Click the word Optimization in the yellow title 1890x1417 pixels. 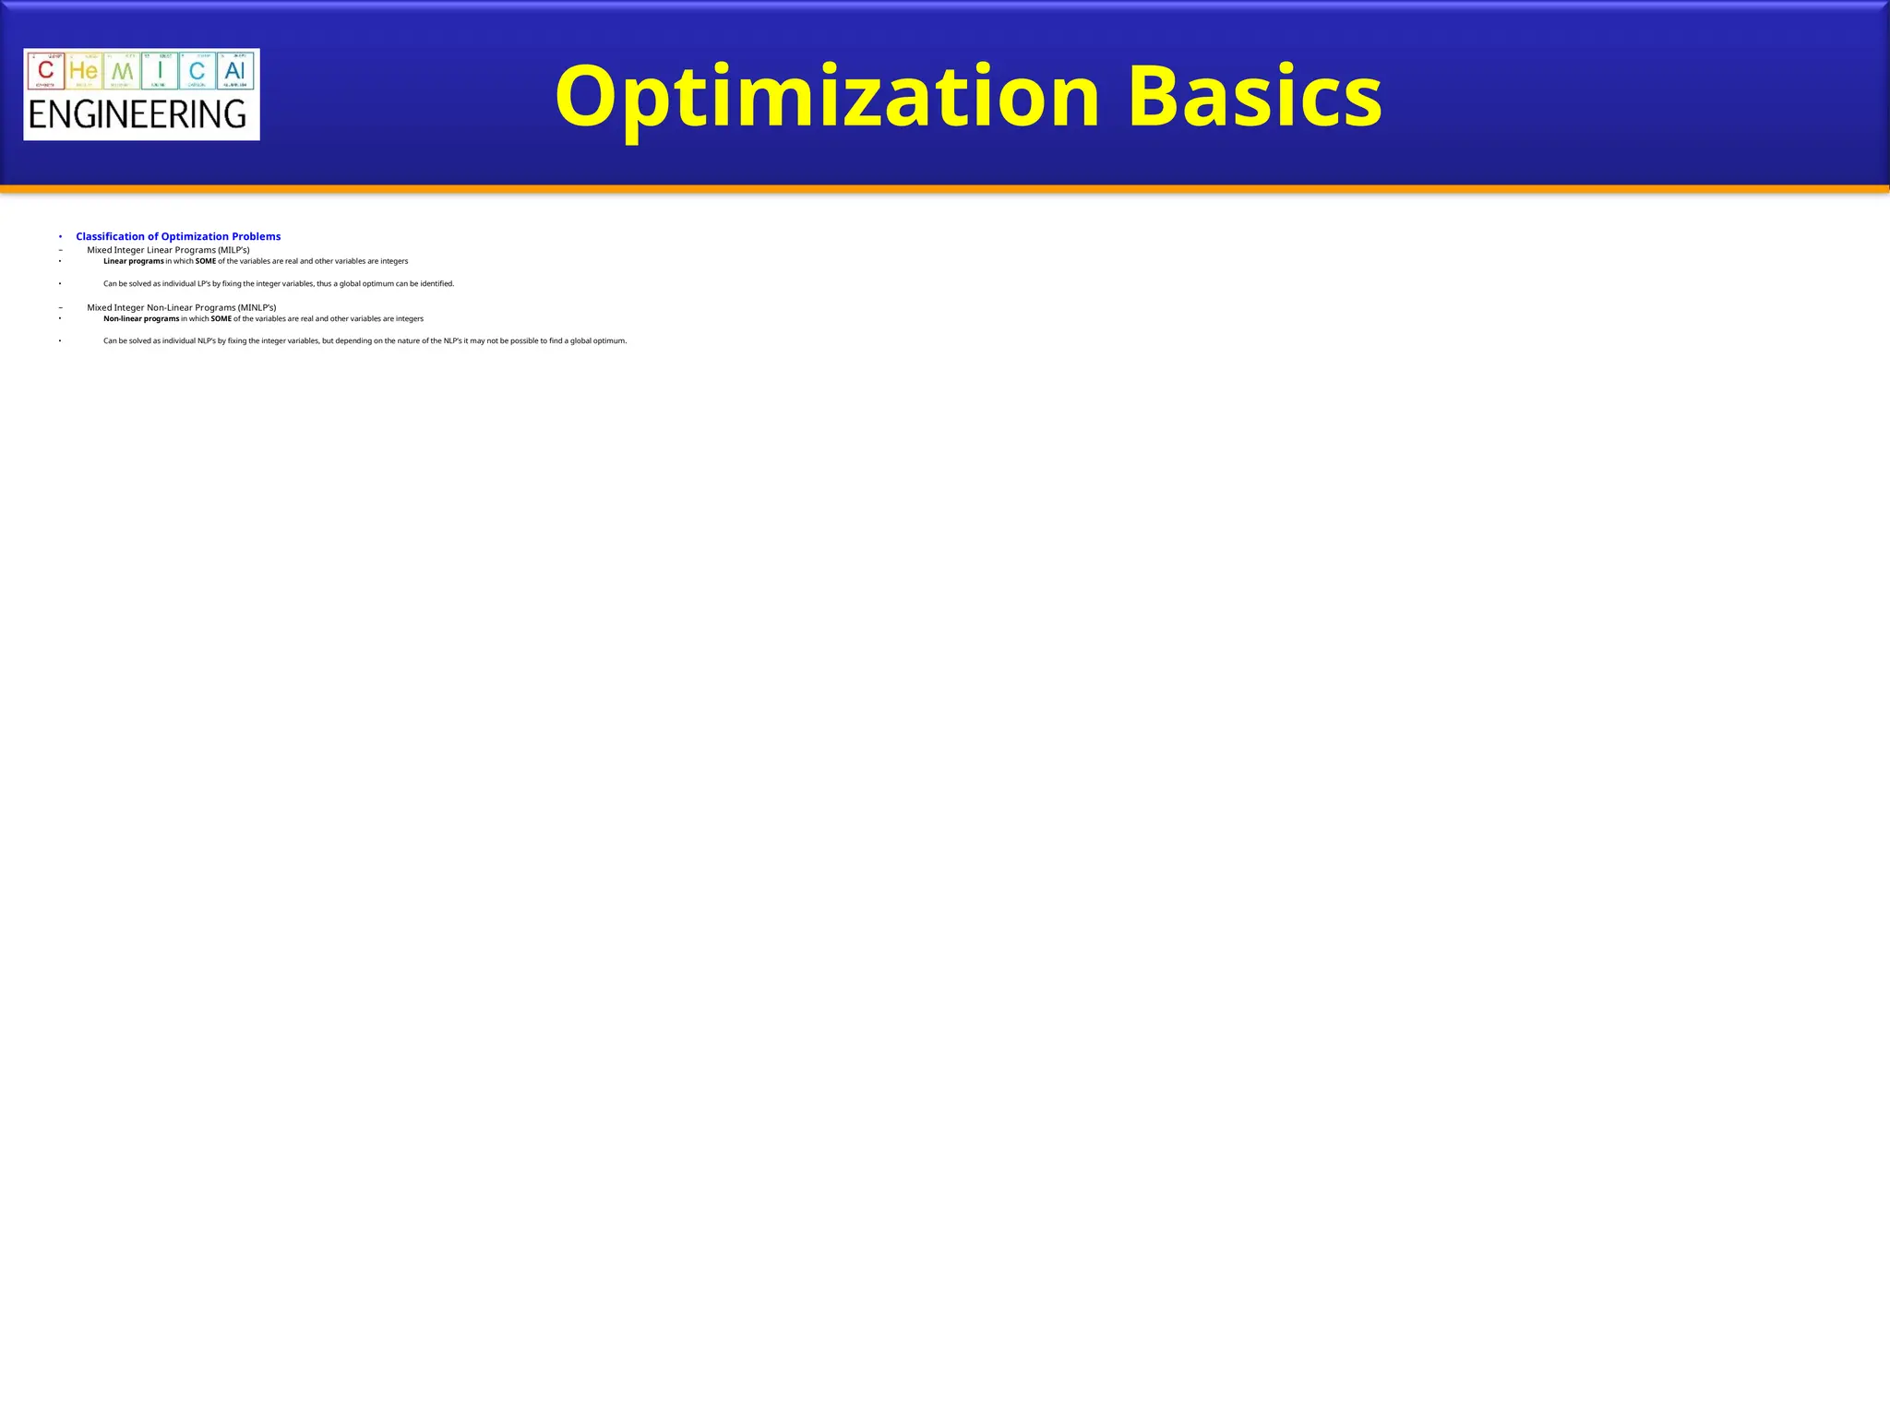click(x=827, y=97)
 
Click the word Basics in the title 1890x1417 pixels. click(x=1254, y=97)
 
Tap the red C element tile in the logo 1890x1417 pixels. click(x=46, y=70)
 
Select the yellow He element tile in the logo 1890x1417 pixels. click(x=84, y=70)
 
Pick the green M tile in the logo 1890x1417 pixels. click(x=122, y=70)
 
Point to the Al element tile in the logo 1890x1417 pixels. click(x=235, y=70)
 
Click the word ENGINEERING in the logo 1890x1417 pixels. click(x=138, y=115)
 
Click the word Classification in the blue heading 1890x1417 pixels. click(x=111, y=237)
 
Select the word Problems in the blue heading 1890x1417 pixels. click(x=256, y=237)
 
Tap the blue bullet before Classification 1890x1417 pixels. click(x=60, y=237)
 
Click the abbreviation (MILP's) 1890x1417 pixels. click(x=233, y=250)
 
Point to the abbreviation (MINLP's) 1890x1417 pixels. click(x=257, y=307)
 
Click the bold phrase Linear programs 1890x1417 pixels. click(x=133, y=261)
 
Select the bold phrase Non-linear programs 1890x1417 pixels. click(x=141, y=318)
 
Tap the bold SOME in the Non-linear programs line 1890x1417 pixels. click(x=221, y=318)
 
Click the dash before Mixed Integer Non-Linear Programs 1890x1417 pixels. click(x=60, y=307)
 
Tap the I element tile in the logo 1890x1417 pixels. click(x=160, y=70)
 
